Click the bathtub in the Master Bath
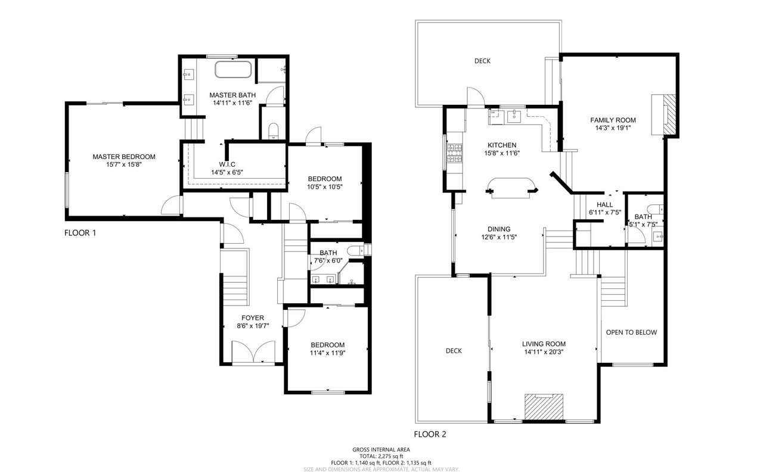tap(233, 70)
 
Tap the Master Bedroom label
tap(124, 157)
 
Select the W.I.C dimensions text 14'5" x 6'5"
tap(227, 172)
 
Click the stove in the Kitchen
tap(455, 153)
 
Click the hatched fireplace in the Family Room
tap(669, 114)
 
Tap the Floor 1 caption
tap(80, 233)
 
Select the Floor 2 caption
tap(430, 434)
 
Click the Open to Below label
tap(631, 332)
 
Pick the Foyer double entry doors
tap(253, 353)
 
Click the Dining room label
tap(499, 229)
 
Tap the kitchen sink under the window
tap(514, 116)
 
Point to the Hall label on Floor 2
tap(604, 204)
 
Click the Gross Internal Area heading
tap(381, 449)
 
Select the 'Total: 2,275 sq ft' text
tap(381, 456)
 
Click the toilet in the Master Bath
tap(274, 132)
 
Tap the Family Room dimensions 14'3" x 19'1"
tap(613, 128)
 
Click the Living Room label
tap(544, 344)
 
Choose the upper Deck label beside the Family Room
tap(482, 61)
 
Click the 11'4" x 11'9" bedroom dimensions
tap(327, 353)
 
